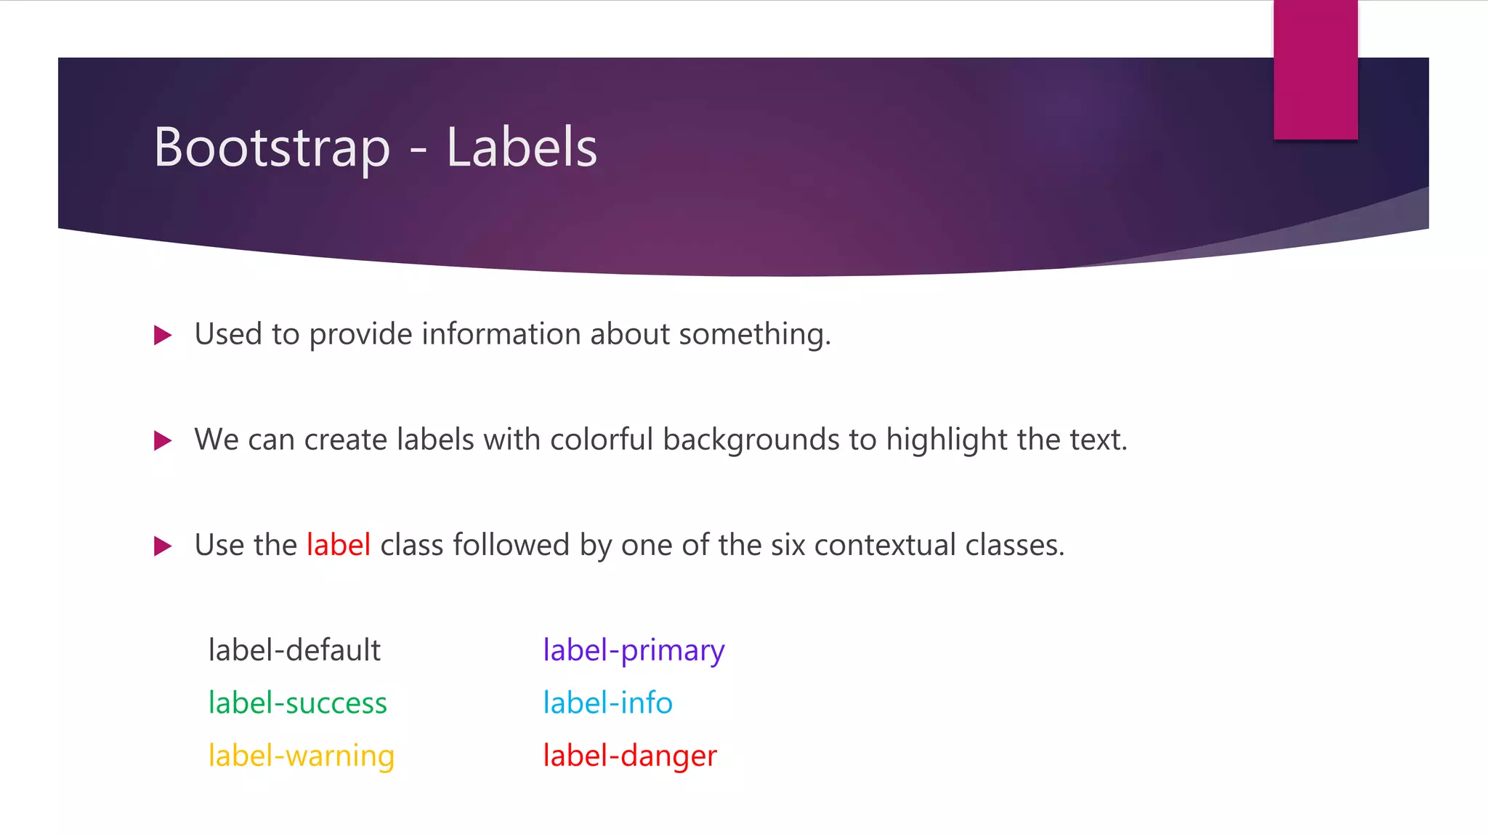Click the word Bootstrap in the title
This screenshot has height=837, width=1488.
pos(272,148)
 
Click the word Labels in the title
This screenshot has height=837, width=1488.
pos(521,148)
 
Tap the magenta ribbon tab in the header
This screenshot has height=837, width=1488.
pos(1315,70)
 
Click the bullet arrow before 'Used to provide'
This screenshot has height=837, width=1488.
pos(163,336)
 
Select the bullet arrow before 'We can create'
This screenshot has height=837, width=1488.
pos(163,441)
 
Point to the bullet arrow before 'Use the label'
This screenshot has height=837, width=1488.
pos(163,546)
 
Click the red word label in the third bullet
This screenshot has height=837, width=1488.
pos(339,545)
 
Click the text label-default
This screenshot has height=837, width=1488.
pos(294,650)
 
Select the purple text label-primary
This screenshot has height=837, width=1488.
pos(634,650)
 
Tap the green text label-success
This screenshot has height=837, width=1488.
pos(297,703)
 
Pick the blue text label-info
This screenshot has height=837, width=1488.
pos(607,703)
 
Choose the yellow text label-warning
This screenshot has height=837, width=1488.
pos(301,756)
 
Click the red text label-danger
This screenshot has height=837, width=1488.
pos(630,756)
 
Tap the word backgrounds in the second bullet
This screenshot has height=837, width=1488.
pos(751,440)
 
